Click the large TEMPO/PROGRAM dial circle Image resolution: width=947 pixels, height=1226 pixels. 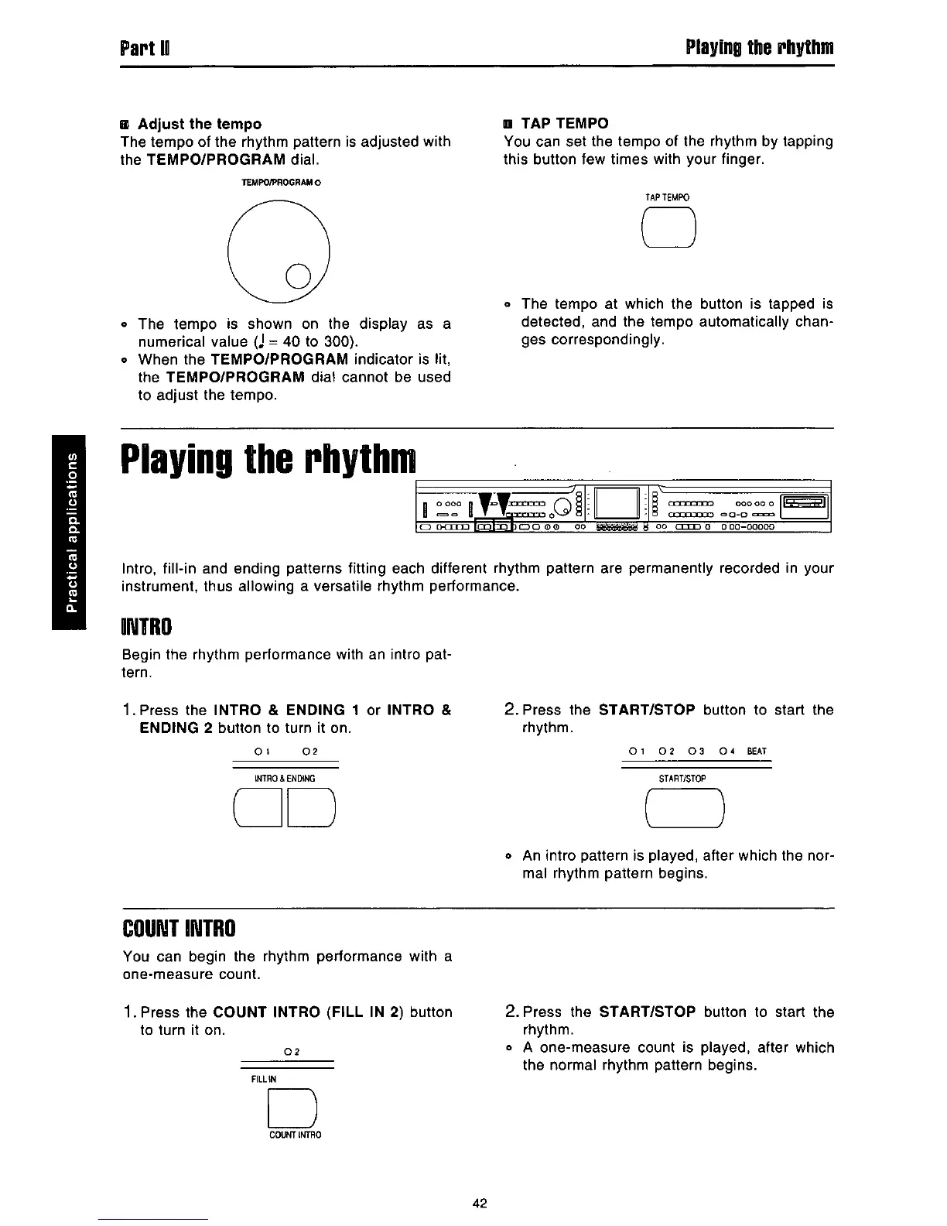(x=279, y=249)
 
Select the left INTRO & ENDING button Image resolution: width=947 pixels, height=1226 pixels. (x=256, y=806)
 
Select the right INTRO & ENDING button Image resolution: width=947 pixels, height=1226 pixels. (x=311, y=806)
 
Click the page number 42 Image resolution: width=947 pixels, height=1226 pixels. (x=479, y=1203)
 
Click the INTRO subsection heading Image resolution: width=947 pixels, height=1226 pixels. (x=146, y=625)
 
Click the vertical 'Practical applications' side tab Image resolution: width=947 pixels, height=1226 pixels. (x=73, y=533)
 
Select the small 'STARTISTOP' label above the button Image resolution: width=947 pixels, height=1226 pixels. (x=682, y=778)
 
